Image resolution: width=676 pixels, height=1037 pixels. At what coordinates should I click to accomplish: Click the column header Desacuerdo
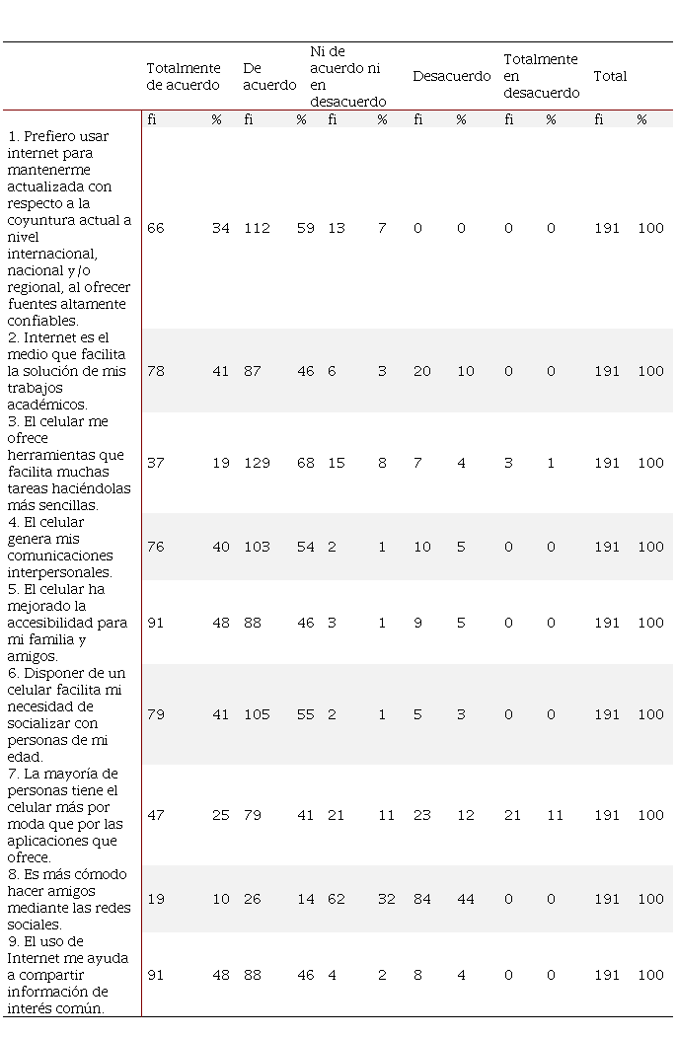point(451,76)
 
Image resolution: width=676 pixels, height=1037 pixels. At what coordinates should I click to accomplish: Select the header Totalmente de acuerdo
point(184,76)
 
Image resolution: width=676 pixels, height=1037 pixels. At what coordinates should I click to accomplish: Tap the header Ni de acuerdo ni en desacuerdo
point(347,76)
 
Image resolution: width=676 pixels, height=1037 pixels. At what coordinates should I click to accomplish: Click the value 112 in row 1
point(257,228)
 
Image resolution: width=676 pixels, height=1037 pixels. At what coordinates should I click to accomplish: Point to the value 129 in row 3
point(257,463)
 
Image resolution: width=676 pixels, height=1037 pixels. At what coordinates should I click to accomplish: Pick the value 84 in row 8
point(421,899)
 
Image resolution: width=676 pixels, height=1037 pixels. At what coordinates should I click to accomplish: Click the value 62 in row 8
point(337,899)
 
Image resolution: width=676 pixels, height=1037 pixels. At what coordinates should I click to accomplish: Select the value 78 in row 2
point(156,371)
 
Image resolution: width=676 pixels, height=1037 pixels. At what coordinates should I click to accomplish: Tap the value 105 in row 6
point(257,714)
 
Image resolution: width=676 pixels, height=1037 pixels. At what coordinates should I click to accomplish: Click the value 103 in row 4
point(257,547)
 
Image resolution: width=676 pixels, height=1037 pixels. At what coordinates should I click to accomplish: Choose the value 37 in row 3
point(156,463)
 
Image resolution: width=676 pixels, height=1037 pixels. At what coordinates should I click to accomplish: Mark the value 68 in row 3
point(305,463)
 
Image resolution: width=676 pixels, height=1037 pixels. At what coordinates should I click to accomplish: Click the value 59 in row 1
point(305,228)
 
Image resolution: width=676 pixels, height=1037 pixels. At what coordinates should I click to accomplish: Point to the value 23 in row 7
point(421,815)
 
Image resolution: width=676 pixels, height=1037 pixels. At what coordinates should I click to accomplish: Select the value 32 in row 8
point(381,899)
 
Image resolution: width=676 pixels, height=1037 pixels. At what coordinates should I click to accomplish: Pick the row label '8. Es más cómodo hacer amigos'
point(66,899)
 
